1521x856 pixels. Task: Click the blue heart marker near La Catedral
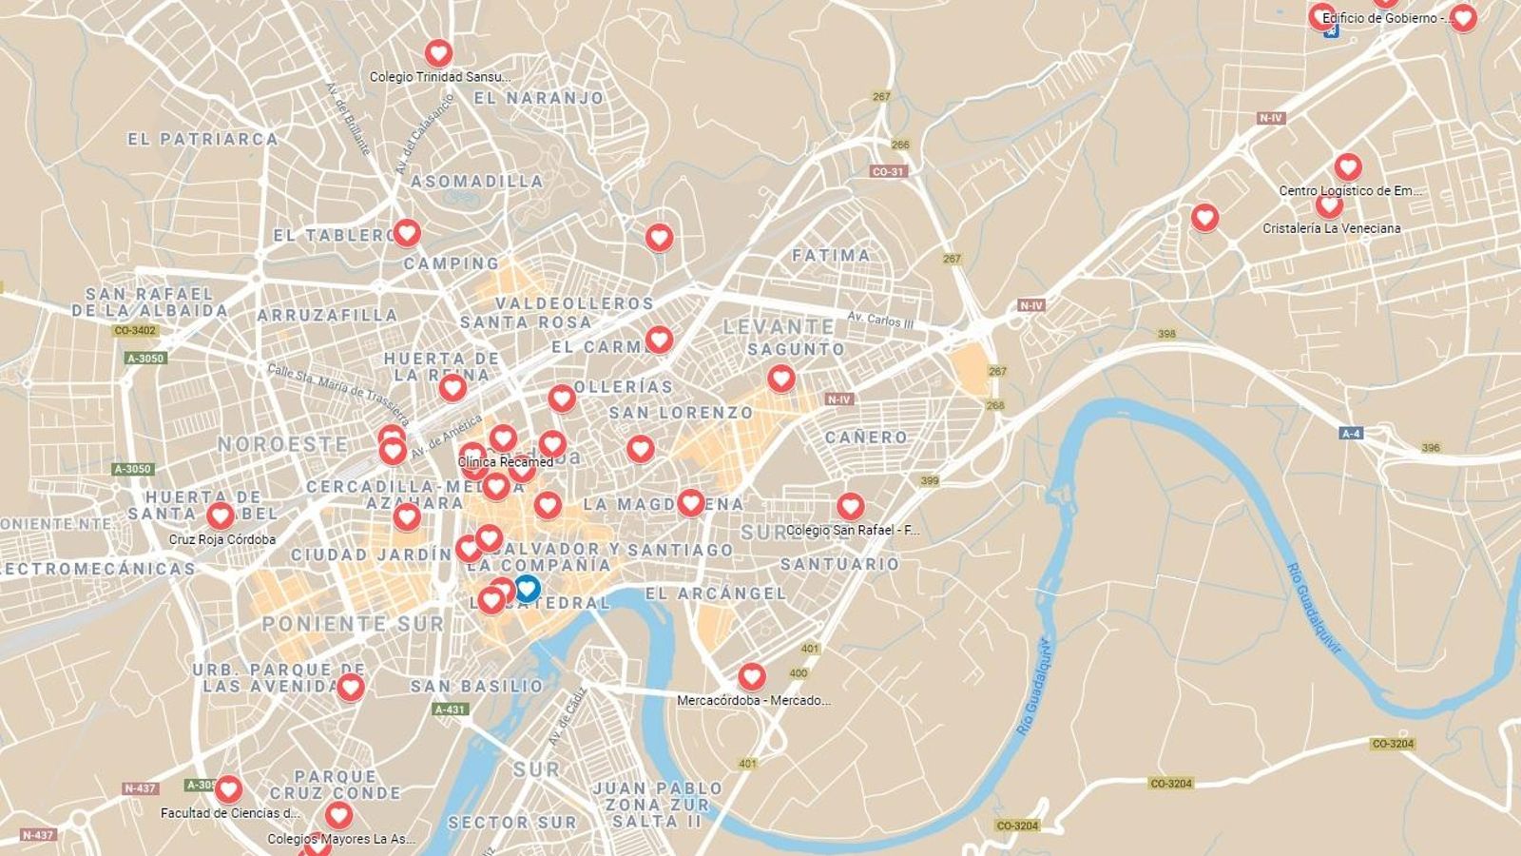click(x=527, y=588)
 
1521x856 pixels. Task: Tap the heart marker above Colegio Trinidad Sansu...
click(x=438, y=52)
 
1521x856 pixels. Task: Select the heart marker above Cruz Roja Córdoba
click(x=221, y=516)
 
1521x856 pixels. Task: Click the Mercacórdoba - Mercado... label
click(x=753, y=701)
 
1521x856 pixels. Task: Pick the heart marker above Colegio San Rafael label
click(x=850, y=506)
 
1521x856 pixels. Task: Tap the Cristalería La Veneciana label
click(x=1331, y=228)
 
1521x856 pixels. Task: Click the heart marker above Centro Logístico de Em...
click(x=1347, y=167)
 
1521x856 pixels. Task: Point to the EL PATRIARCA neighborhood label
click(x=202, y=139)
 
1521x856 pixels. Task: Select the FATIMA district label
click(x=831, y=255)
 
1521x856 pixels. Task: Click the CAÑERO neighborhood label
click(x=866, y=438)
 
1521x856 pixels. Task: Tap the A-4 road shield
click(x=1350, y=434)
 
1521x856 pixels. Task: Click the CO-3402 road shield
click(x=134, y=331)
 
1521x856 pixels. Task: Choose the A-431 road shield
click(x=450, y=710)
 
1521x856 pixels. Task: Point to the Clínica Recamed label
click(x=505, y=462)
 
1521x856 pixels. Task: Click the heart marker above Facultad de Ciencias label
click(x=228, y=788)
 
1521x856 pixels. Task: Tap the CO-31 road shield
click(x=888, y=172)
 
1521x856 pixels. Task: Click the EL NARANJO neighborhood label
click(x=538, y=98)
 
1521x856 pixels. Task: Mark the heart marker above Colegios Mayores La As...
click(x=338, y=815)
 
